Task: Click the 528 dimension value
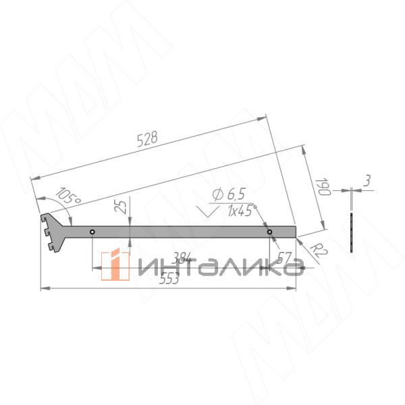tap(147, 139)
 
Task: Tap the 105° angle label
tap(68, 196)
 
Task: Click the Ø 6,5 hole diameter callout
tap(229, 194)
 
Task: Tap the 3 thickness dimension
tap(367, 180)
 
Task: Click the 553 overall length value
tap(169, 278)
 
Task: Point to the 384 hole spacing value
tap(182, 257)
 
